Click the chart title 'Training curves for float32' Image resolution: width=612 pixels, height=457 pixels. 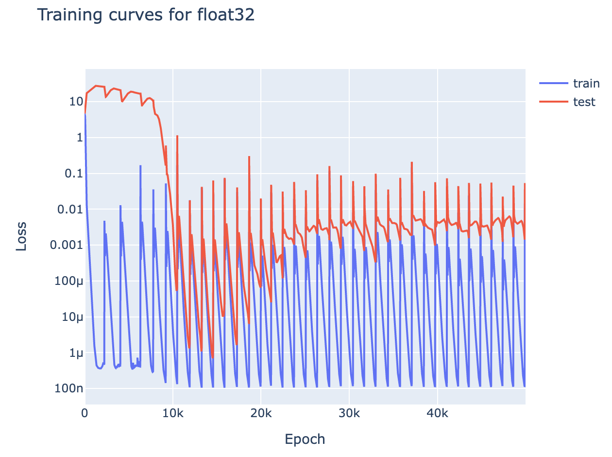pyautogui.click(x=146, y=15)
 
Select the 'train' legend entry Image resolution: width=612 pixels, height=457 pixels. pyautogui.click(x=586, y=84)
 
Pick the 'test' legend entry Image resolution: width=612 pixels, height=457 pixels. pyautogui.click(x=584, y=102)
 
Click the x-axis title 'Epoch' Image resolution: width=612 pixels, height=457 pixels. pyautogui.click(x=305, y=439)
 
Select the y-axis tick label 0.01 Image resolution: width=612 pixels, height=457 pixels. pyautogui.click(x=67, y=210)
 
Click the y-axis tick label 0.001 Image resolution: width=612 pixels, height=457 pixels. pyautogui.click(x=64, y=246)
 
